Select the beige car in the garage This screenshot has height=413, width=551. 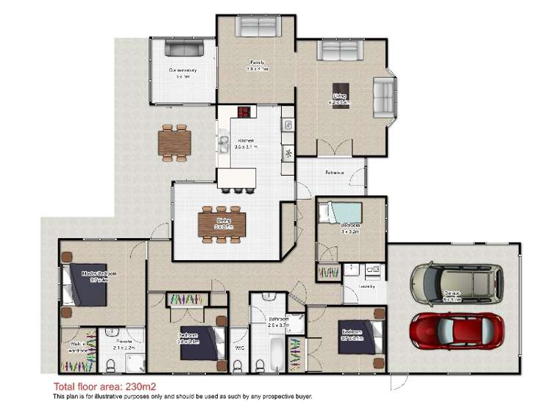click(x=455, y=285)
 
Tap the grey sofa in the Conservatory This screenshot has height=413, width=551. click(x=183, y=49)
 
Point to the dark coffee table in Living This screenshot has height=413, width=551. click(x=340, y=90)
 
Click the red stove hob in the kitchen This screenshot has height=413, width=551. click(x=243, y=112)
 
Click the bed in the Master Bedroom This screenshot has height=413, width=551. click(x=85, y=285)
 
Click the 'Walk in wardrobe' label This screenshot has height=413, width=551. click(x=77, y=348)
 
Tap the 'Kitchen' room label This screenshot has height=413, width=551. click(x=244, y=141)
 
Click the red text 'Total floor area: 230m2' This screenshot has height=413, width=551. click(x=104, y=386)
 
